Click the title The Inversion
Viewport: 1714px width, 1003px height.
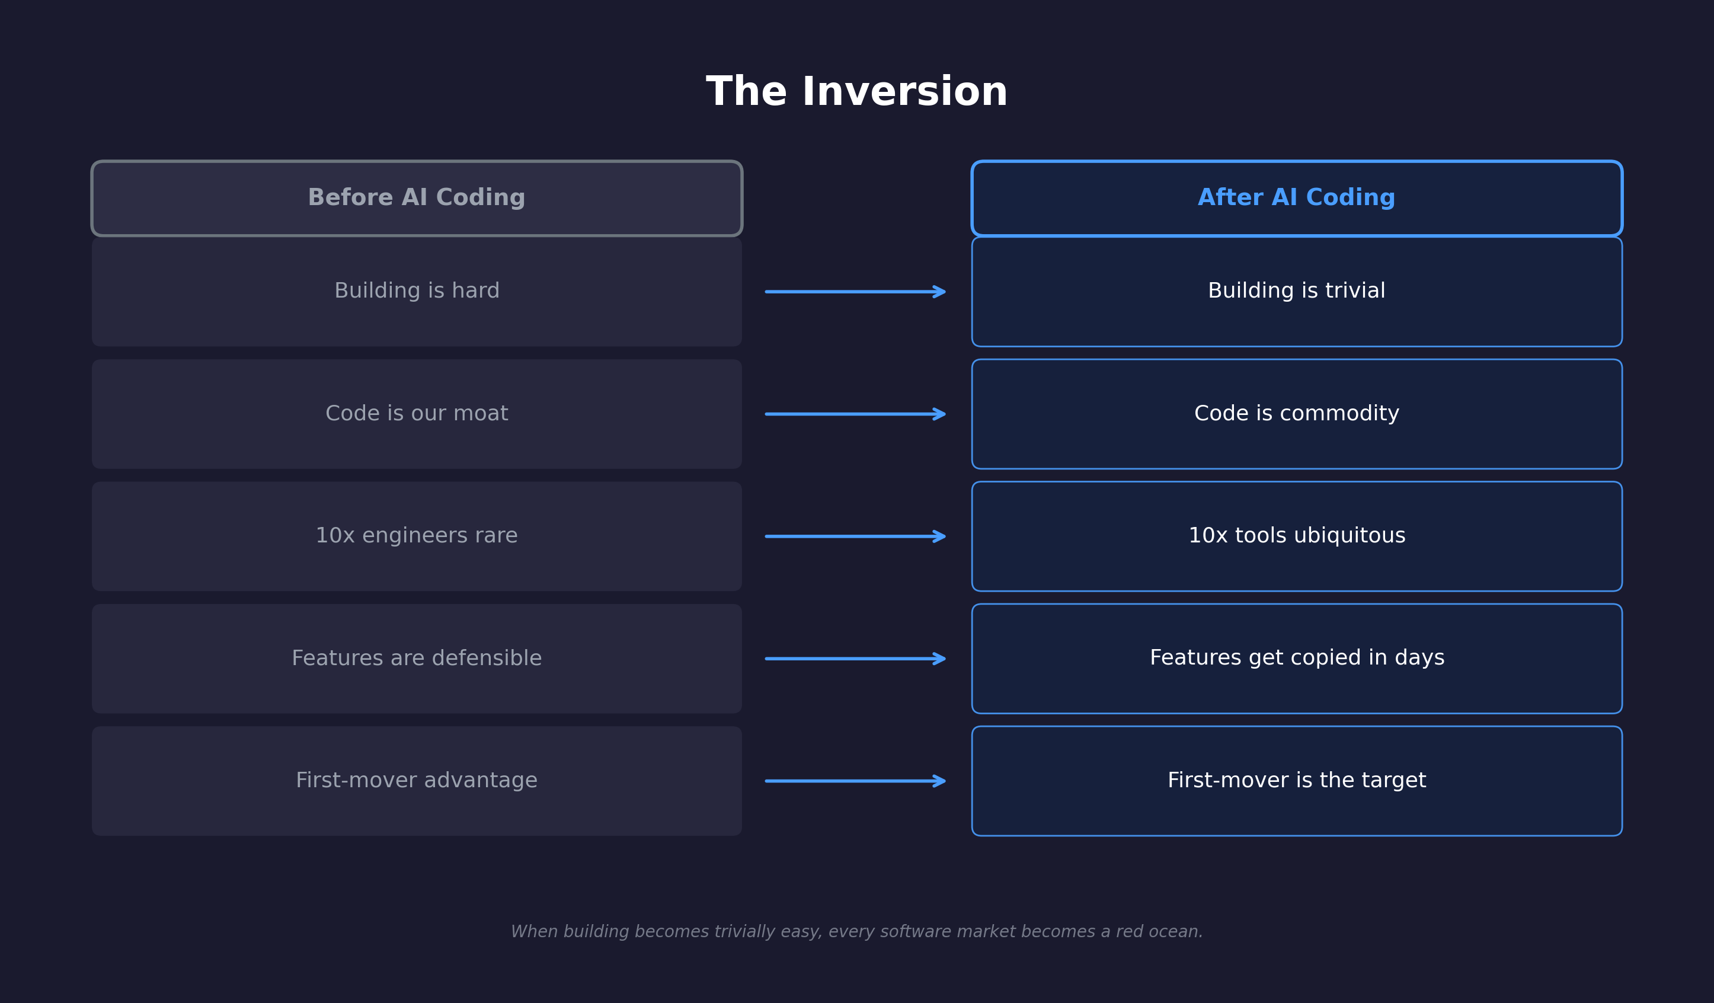click(856, 92)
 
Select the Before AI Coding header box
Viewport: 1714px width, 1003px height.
click(416, 198)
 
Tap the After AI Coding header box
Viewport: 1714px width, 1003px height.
click(1296, 198)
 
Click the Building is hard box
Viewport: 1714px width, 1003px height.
click(416, 291)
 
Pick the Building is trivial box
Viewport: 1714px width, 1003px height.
click(1296, 291)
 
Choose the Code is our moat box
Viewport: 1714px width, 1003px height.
click(416, 414)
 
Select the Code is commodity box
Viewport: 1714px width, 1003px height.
click(1296, 414)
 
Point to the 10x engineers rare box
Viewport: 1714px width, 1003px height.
click(416, 536)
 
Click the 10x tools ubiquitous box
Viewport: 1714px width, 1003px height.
click(1296, 536)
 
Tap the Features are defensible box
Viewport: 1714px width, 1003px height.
click(416, 658)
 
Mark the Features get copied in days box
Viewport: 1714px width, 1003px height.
click(1296, 658)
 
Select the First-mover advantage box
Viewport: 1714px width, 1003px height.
click(416, 781)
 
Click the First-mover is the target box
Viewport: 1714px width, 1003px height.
click(1296, 781)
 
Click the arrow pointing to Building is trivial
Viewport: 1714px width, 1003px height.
click(855, 292)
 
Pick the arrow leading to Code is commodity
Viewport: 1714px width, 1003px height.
click(855, 414)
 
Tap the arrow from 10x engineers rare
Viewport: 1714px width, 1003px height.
click(855, 536)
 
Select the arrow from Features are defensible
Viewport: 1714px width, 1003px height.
click(855, 658)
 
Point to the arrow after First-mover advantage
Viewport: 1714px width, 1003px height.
click(855, 781)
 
